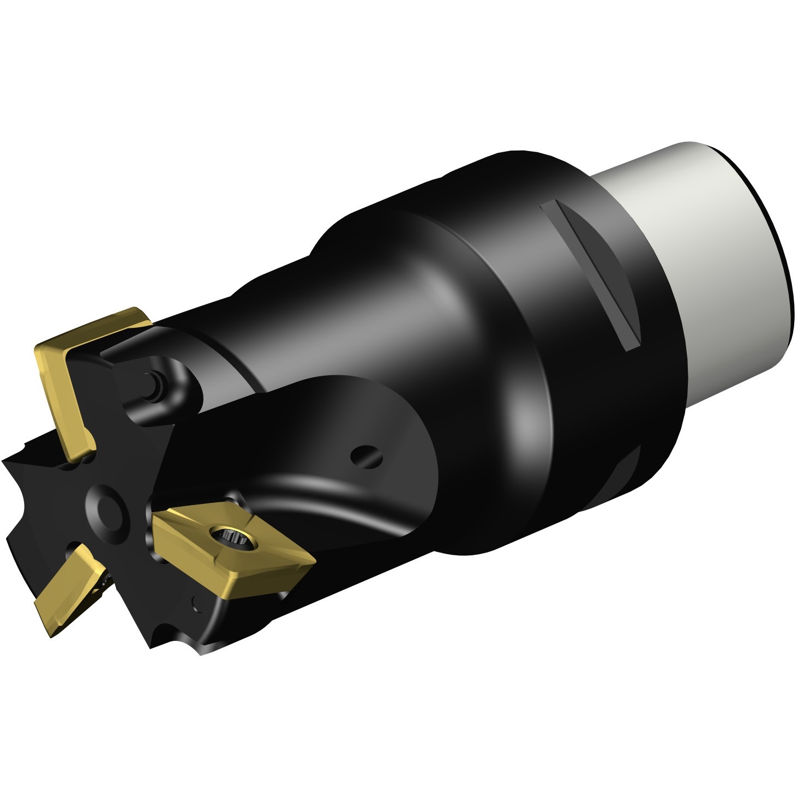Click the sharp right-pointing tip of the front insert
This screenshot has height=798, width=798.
coord(315,559)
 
